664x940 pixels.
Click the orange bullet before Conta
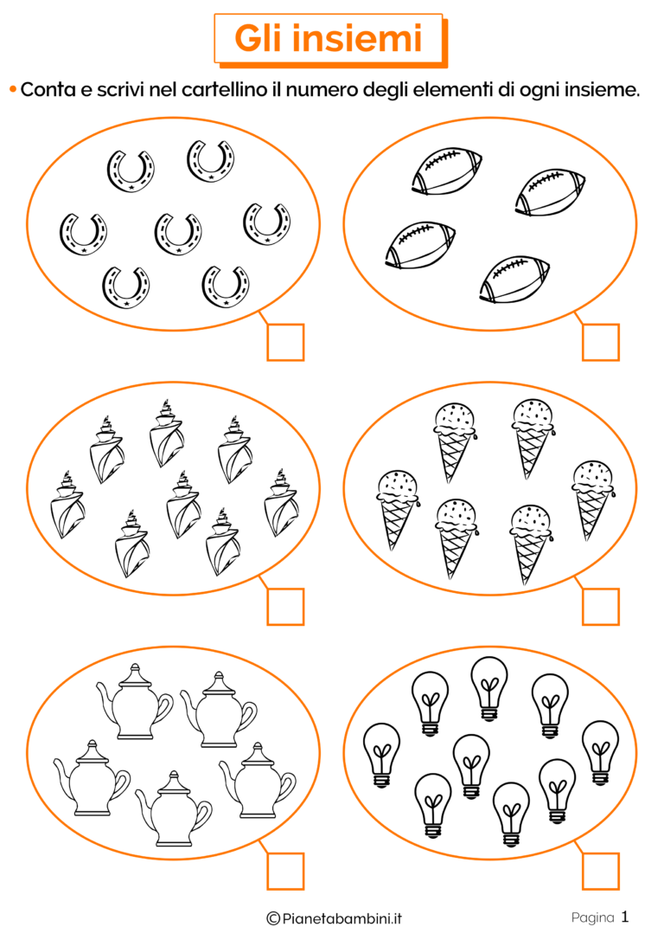tap(13, 90)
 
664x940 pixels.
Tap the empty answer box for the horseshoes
tap(285, 342)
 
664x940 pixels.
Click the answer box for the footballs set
tap(601, 342)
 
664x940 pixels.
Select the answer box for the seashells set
tap(285, 607)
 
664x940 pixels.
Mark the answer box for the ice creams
tap(601, 607)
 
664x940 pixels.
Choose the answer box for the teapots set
tap(285, 871)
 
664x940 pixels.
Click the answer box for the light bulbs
tap(601, 871)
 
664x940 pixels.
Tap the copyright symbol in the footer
tap(273, 918)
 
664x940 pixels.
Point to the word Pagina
tap(593, 917)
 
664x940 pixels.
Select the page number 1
tap(625, 917)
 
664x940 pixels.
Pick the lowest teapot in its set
tap(174, 808)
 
